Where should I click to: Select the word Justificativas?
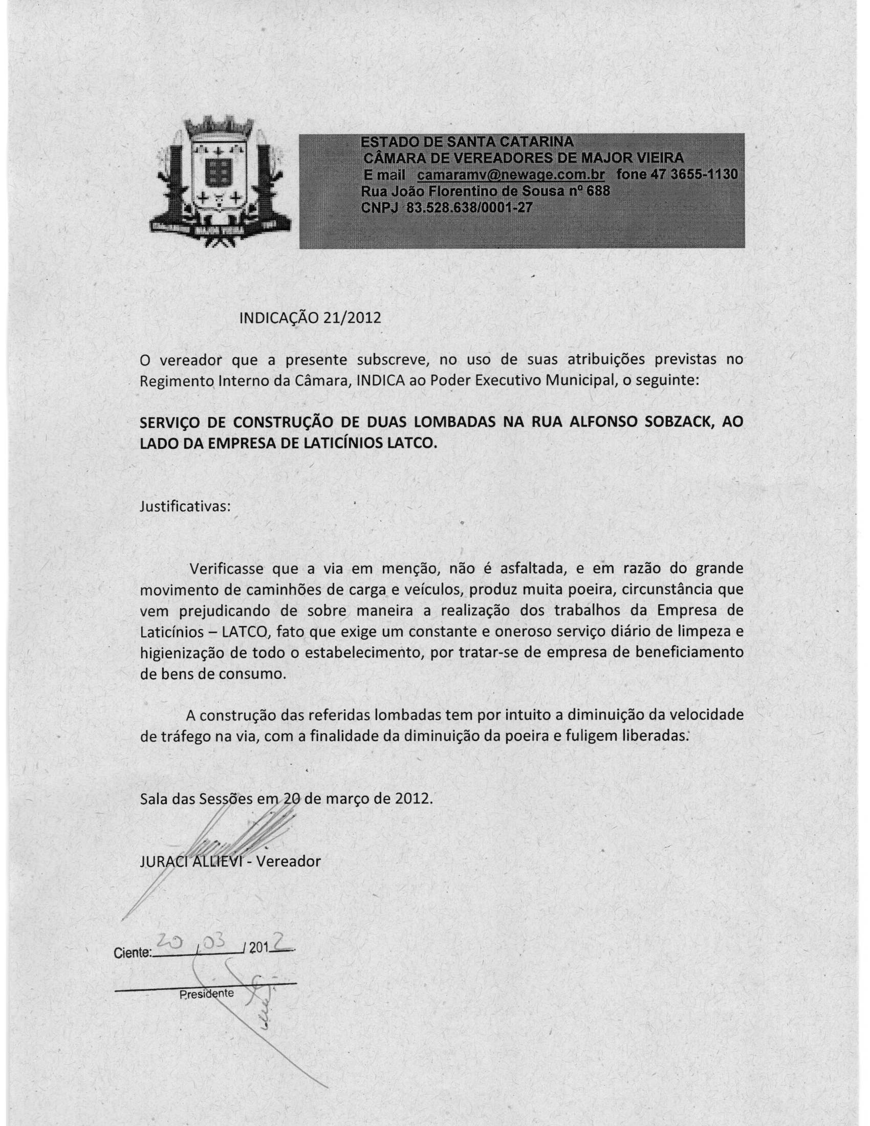(185, 506)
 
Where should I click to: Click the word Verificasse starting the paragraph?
(227, 569)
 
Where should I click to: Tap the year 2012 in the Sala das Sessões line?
(413, 798)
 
